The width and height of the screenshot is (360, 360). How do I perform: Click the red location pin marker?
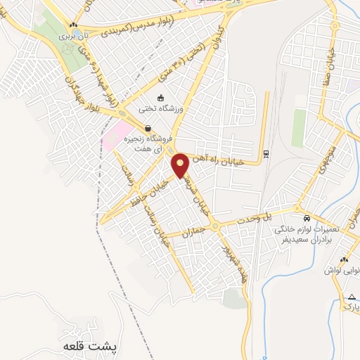point(181,165)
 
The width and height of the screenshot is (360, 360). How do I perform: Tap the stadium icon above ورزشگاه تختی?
point(161,98)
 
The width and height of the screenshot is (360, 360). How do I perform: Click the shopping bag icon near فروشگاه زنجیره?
point(148,128)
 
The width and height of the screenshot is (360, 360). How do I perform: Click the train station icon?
point(266,153)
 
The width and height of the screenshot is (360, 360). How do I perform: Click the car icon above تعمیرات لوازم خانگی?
point(307,217)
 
